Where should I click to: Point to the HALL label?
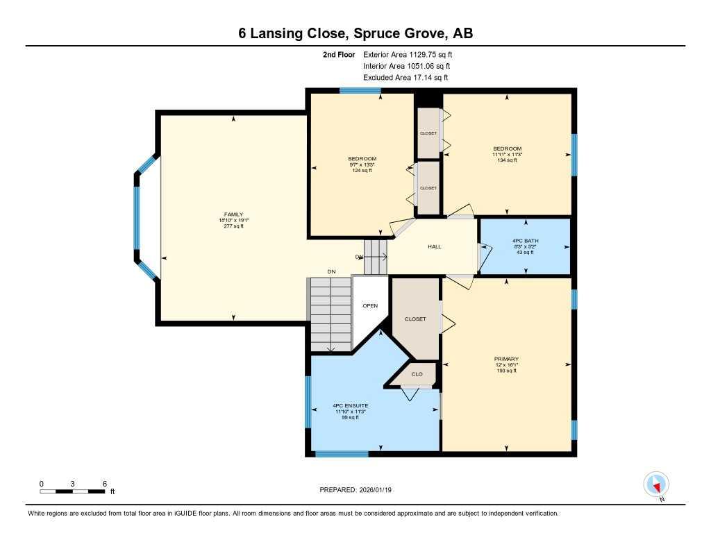point(434,246)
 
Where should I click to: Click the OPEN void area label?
point(369,305)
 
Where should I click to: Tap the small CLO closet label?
point(417,374)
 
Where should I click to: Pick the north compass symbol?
point(656,484)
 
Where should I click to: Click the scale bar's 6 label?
point(103,484)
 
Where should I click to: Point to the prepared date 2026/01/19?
point(360,489)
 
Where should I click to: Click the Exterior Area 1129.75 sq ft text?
point(408,54)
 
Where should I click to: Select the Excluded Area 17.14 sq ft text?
point(405,78)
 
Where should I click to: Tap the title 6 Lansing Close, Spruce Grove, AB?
point(355,34)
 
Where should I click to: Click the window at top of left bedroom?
point(360,90)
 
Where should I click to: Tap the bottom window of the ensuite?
point(332,454)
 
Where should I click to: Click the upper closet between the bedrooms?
point(428,133)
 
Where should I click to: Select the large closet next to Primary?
point(415,319)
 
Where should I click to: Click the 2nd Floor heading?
point(339,54)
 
